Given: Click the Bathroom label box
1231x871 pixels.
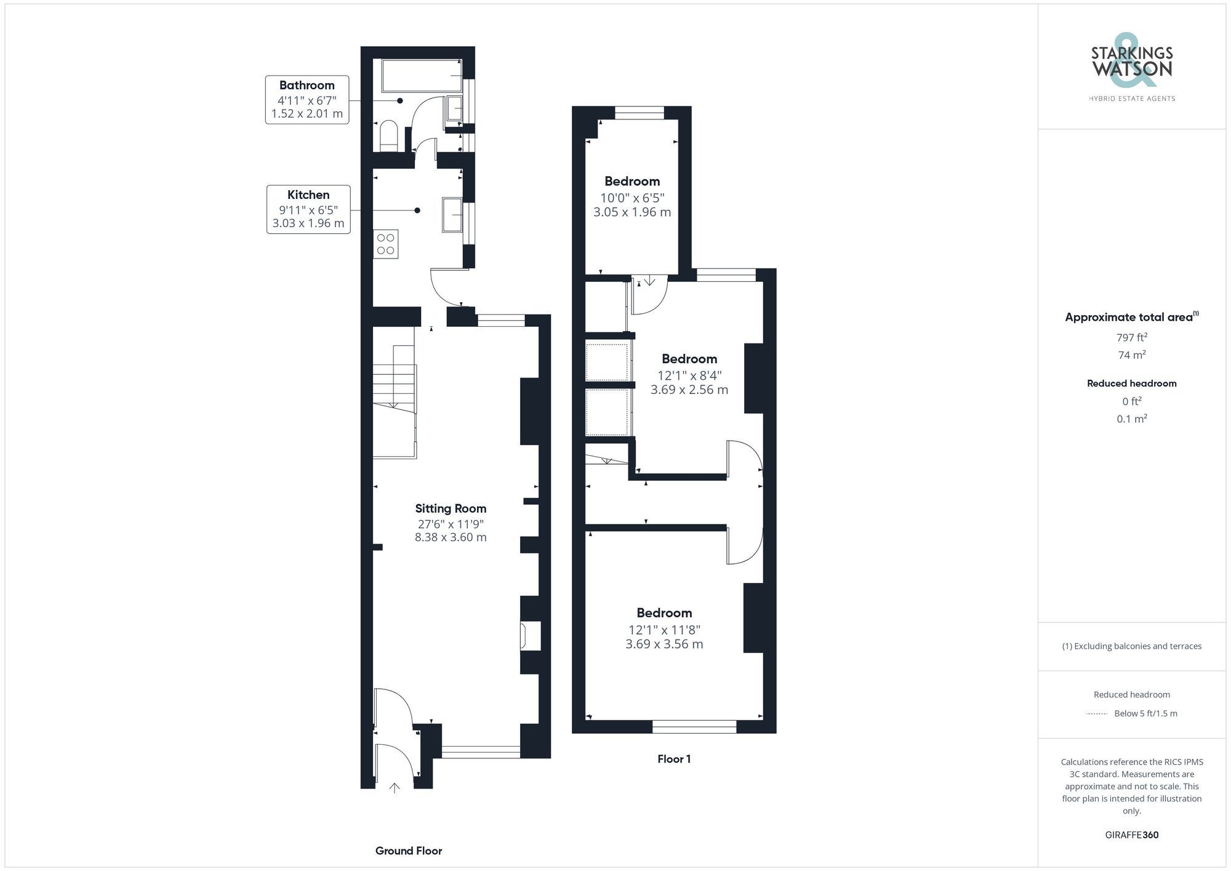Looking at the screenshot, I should tap(307, 100).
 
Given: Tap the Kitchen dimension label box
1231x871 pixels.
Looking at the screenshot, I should tap(308, 209).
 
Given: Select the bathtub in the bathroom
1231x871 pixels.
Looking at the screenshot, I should tap(422, 76).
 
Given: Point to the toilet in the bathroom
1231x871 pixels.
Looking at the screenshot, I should tap(388, 136).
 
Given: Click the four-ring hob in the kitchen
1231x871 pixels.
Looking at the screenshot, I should tap(386, 244).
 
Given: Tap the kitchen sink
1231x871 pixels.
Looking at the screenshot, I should tap(452, 215).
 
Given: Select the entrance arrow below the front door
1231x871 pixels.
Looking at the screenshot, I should tap(395, 788).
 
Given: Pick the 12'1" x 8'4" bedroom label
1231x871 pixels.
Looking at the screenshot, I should tap(689, 374).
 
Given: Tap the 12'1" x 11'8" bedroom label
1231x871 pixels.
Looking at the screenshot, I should tap(664, 628).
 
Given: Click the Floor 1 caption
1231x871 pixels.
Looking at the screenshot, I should tap(674, 759).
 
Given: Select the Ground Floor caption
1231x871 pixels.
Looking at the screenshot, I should tap(409, 851).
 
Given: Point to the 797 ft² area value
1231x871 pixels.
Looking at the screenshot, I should tap(1131, 337).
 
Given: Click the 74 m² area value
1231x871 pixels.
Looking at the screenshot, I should tap(1131, 355).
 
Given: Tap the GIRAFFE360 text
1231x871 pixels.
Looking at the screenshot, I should tap(1131, 835).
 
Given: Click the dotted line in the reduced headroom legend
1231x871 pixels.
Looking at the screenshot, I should tap(1097, 714).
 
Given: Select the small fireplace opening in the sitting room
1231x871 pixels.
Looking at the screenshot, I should tap(531, 636).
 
